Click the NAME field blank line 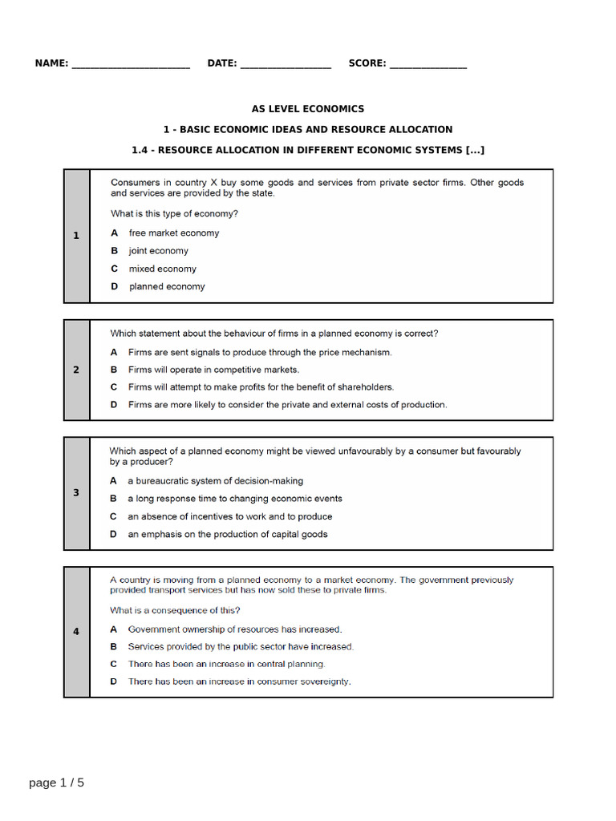pyautogui.click(x=131, y=65)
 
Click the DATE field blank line pyautogui.click(x=286, y=65)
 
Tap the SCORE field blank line pyautogui.click(x=428, y=65)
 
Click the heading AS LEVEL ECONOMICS pyautogui.click(x=308, y=109)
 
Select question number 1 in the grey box pyautogui.click(x=76, y=236)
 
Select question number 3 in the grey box pyautogui.click(x=76, y=493)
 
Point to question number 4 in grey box pyautogui.click(x=76, y=632)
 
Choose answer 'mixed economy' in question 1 pyautogui.click(x=162, y=269)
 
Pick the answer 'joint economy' pyautogui.click(x=158, y=251)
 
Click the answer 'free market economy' pyautogui.click(x=173, y=233)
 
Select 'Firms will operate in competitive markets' pyautogui.click(x=213, y=370)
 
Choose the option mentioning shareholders pyautogui.click(x=261, y=387)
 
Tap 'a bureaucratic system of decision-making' pyautogui.click(x=215, y=481)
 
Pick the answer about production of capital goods pyautogui.click(x=227, y=534)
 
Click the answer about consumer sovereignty pyautogui.click(x=239, y=681)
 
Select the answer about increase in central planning pyautogui.click(x=226, y=664)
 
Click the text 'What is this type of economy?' pyautogui.click(x=174, y=214)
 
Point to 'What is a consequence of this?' pyautogui.click(x=175, y=610)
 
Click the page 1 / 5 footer pyautogui.click(x=56, y=783)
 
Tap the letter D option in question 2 pyautogui.click(x=114, y=405)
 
